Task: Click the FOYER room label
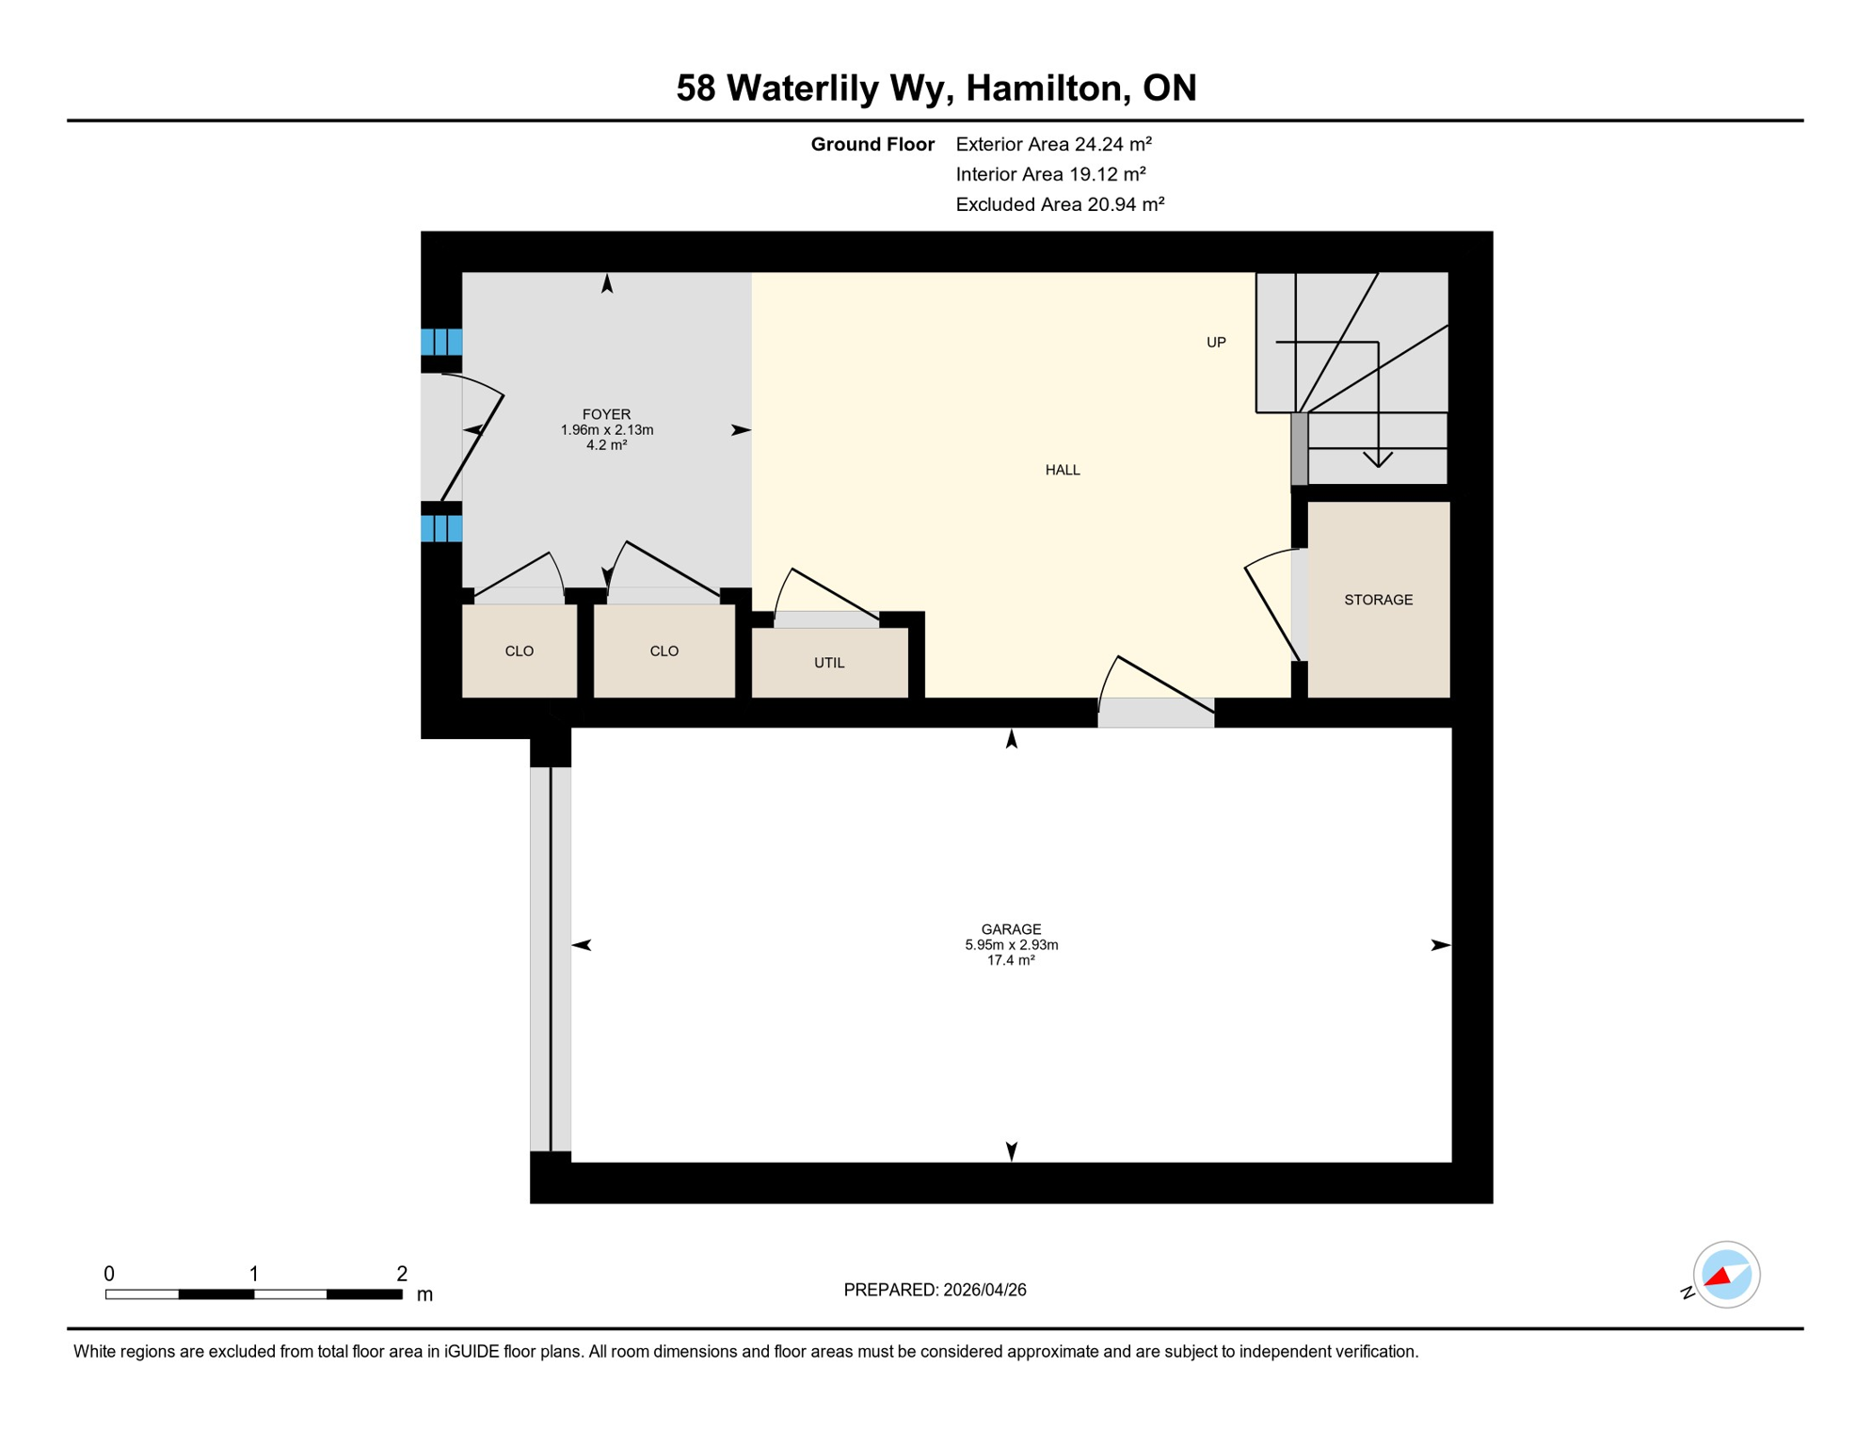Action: point(606,414)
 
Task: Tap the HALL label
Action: point(1063,470)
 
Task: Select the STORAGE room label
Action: point(1378,600)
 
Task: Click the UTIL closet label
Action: point(828,663)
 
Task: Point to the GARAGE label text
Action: point(1011,929)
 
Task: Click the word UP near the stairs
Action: point(1216,343)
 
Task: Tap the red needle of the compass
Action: point(1718,1277)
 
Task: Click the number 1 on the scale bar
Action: point(253,1274)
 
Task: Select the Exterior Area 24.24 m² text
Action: point(1053,144)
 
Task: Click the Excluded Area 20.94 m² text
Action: point(1060,204)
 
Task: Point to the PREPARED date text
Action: point(935,1290)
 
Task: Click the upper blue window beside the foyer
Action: point(440,342)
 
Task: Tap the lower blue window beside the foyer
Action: point(440,528)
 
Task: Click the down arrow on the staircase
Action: point(1378,458)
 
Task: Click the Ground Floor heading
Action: point(872,144)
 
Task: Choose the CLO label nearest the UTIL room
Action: point(664,651)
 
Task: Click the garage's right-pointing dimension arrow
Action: point(1440,944)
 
